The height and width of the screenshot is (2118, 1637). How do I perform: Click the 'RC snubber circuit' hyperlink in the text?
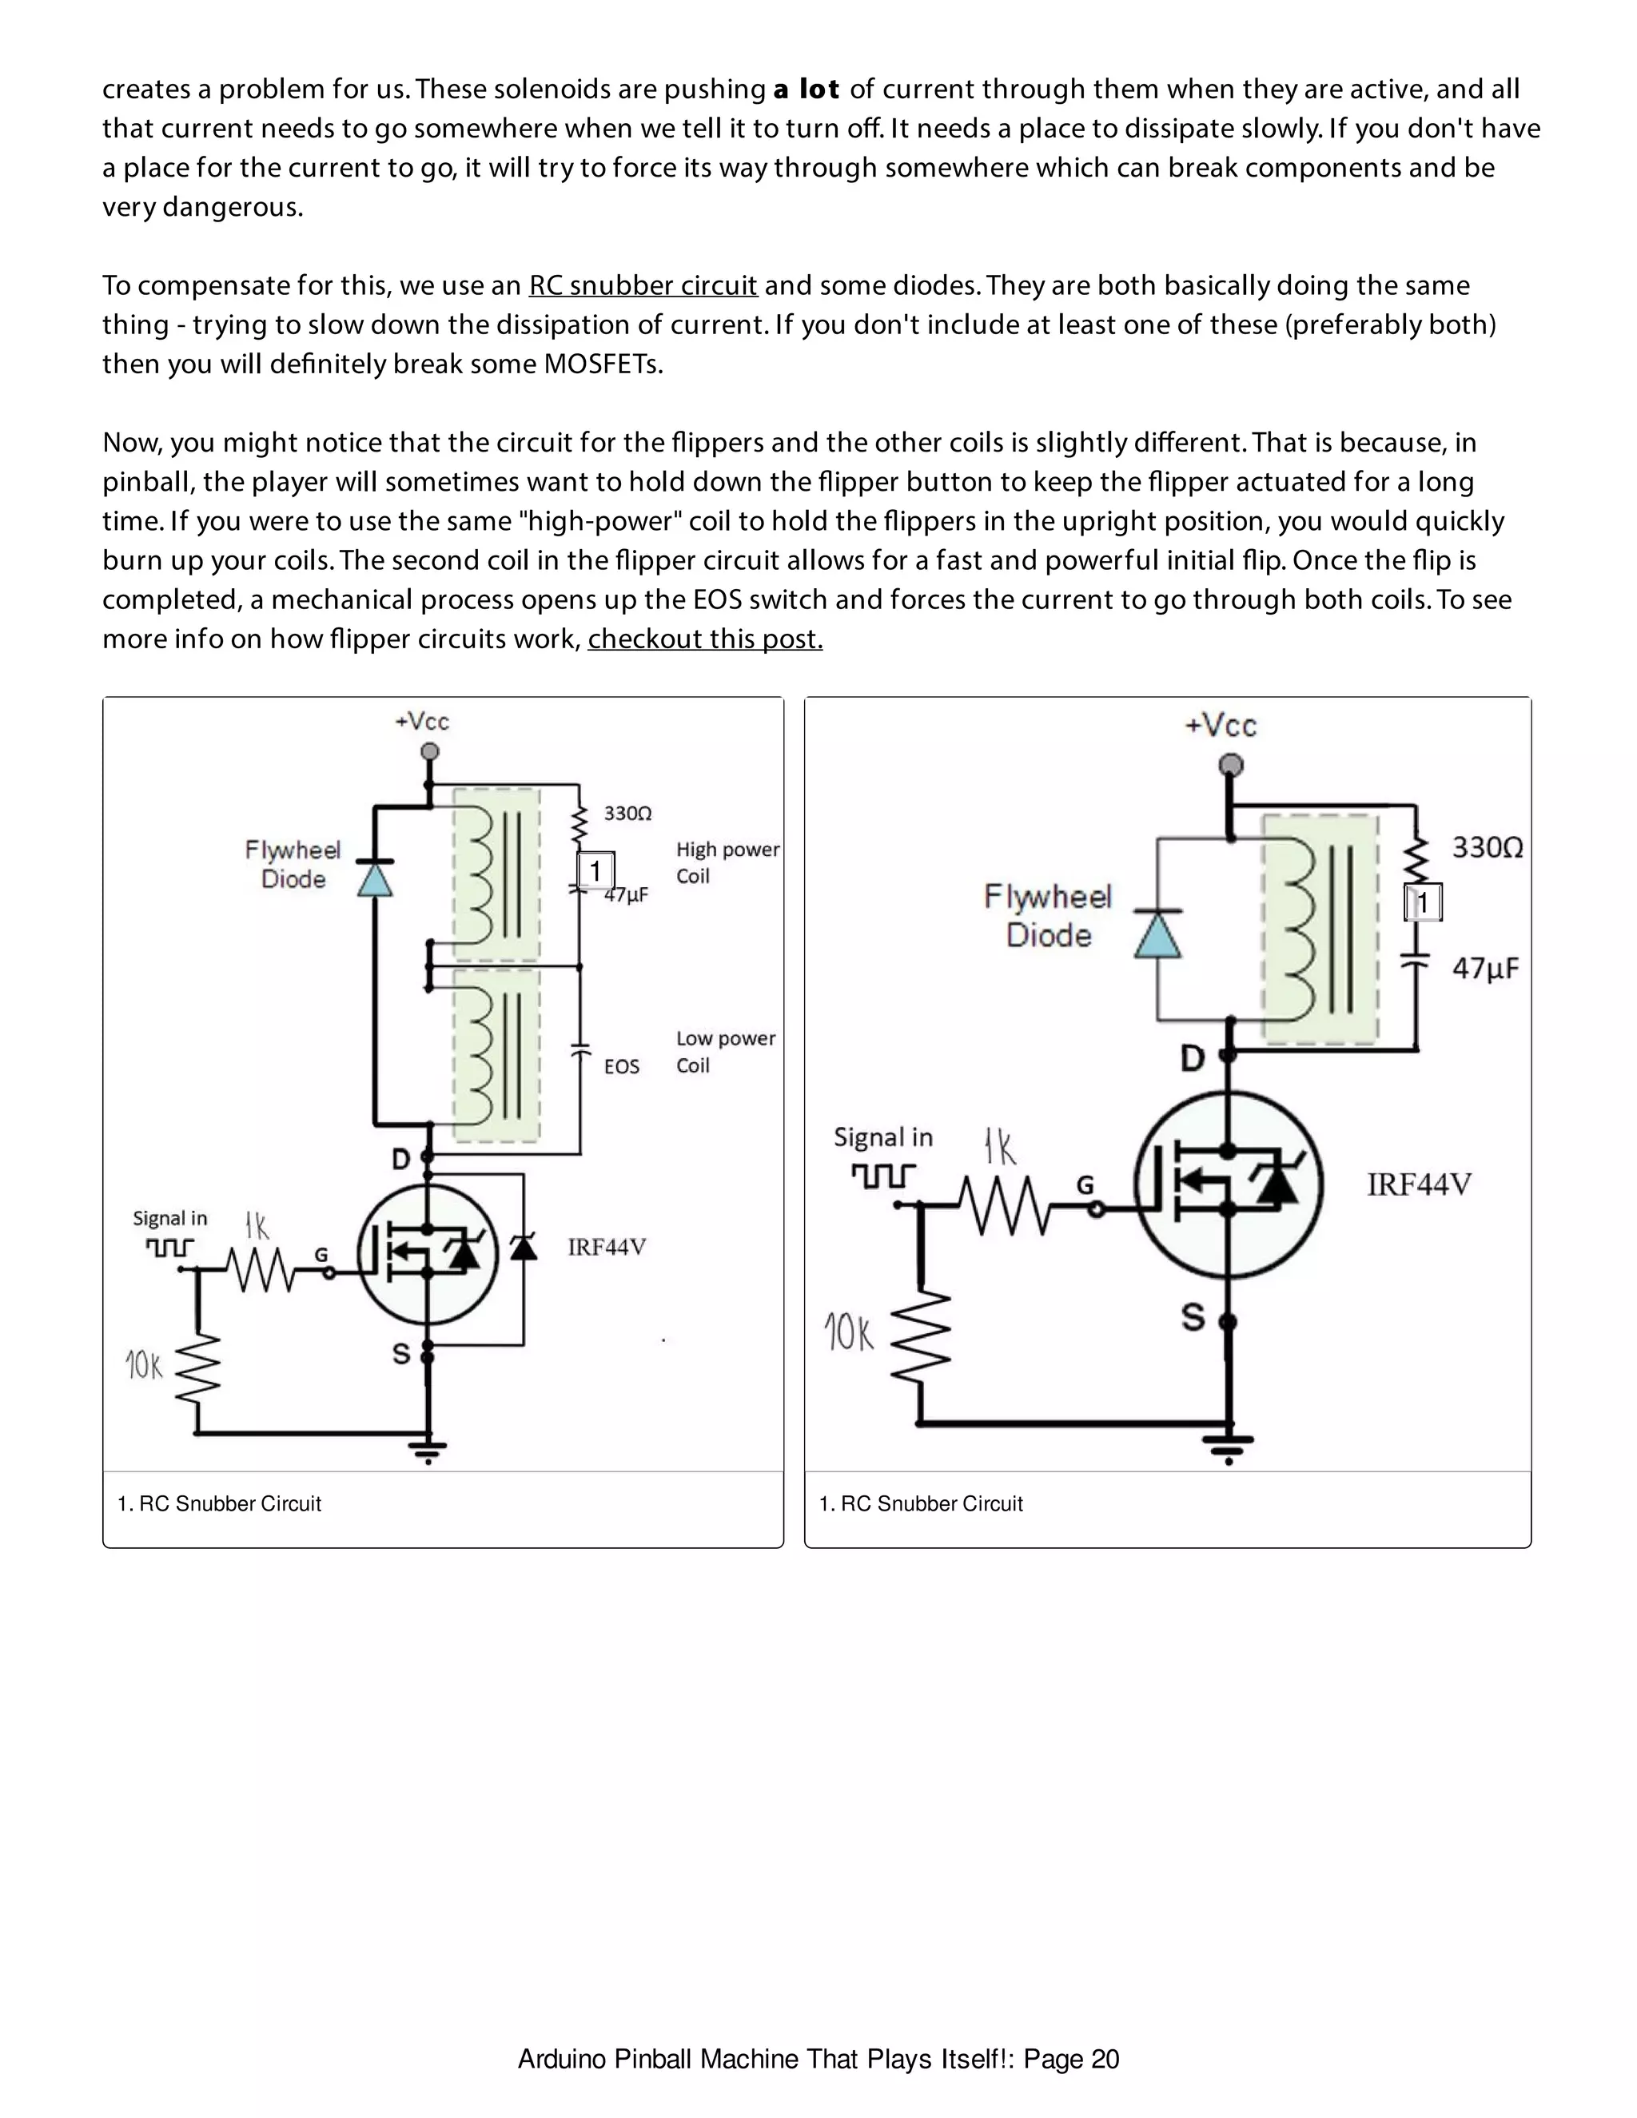[642, 285]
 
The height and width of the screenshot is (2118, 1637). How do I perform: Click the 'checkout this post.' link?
[705, 639]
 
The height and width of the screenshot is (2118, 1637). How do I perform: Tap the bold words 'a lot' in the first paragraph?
[806, 90]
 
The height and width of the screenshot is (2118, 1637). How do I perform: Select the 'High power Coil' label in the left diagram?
[727, 862]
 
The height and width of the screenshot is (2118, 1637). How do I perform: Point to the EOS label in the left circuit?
[622, 1067]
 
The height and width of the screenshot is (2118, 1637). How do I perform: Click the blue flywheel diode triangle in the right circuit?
[1158, 936]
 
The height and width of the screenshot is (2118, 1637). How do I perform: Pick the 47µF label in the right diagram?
[1485, 968]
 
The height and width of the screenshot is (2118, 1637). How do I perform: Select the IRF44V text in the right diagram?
[1419, 1184]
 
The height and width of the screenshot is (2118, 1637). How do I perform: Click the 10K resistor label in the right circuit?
[850, 1332]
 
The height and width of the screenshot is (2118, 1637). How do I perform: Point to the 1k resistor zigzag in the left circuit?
[260, 1271]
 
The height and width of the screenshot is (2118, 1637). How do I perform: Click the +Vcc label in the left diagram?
[422, 722]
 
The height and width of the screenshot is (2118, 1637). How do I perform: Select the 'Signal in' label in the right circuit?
[882, 1137]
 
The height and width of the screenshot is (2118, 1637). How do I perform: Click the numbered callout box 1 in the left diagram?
[595, 871]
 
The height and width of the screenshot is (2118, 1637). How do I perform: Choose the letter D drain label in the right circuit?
[1192, 1058]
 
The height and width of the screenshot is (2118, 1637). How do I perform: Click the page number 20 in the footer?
[1105, 2059]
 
